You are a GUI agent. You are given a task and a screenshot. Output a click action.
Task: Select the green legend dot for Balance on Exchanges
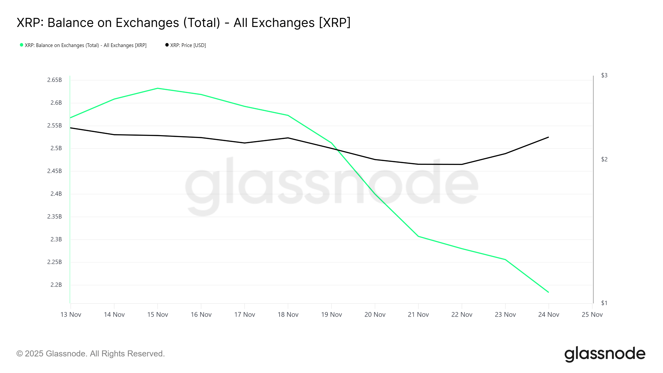22,45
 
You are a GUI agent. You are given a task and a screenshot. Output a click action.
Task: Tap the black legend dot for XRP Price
167,45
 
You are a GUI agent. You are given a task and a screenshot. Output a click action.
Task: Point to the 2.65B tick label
54,80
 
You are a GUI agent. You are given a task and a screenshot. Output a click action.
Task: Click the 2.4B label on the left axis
56,194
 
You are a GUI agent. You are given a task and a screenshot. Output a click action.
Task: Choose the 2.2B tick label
56,285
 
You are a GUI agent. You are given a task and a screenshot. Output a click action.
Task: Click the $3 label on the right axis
604,75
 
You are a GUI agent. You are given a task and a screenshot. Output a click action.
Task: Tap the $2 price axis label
604,159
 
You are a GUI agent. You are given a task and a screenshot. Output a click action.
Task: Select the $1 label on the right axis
604,303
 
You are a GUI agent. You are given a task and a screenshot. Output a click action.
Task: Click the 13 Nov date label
71,315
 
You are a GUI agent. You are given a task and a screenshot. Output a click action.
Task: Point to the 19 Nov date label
331,315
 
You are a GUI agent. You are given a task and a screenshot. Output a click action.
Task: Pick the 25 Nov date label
592,315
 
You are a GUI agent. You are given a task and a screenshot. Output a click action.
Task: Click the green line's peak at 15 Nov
157,88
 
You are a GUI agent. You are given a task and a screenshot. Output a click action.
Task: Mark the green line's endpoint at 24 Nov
548,292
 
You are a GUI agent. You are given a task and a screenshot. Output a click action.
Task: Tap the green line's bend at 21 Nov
419,236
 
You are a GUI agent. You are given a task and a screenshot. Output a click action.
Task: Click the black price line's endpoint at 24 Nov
548,137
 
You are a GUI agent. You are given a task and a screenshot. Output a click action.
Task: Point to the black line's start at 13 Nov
71,128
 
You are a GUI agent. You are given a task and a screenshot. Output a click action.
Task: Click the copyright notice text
90,354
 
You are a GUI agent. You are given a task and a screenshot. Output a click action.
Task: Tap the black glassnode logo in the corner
605,354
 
